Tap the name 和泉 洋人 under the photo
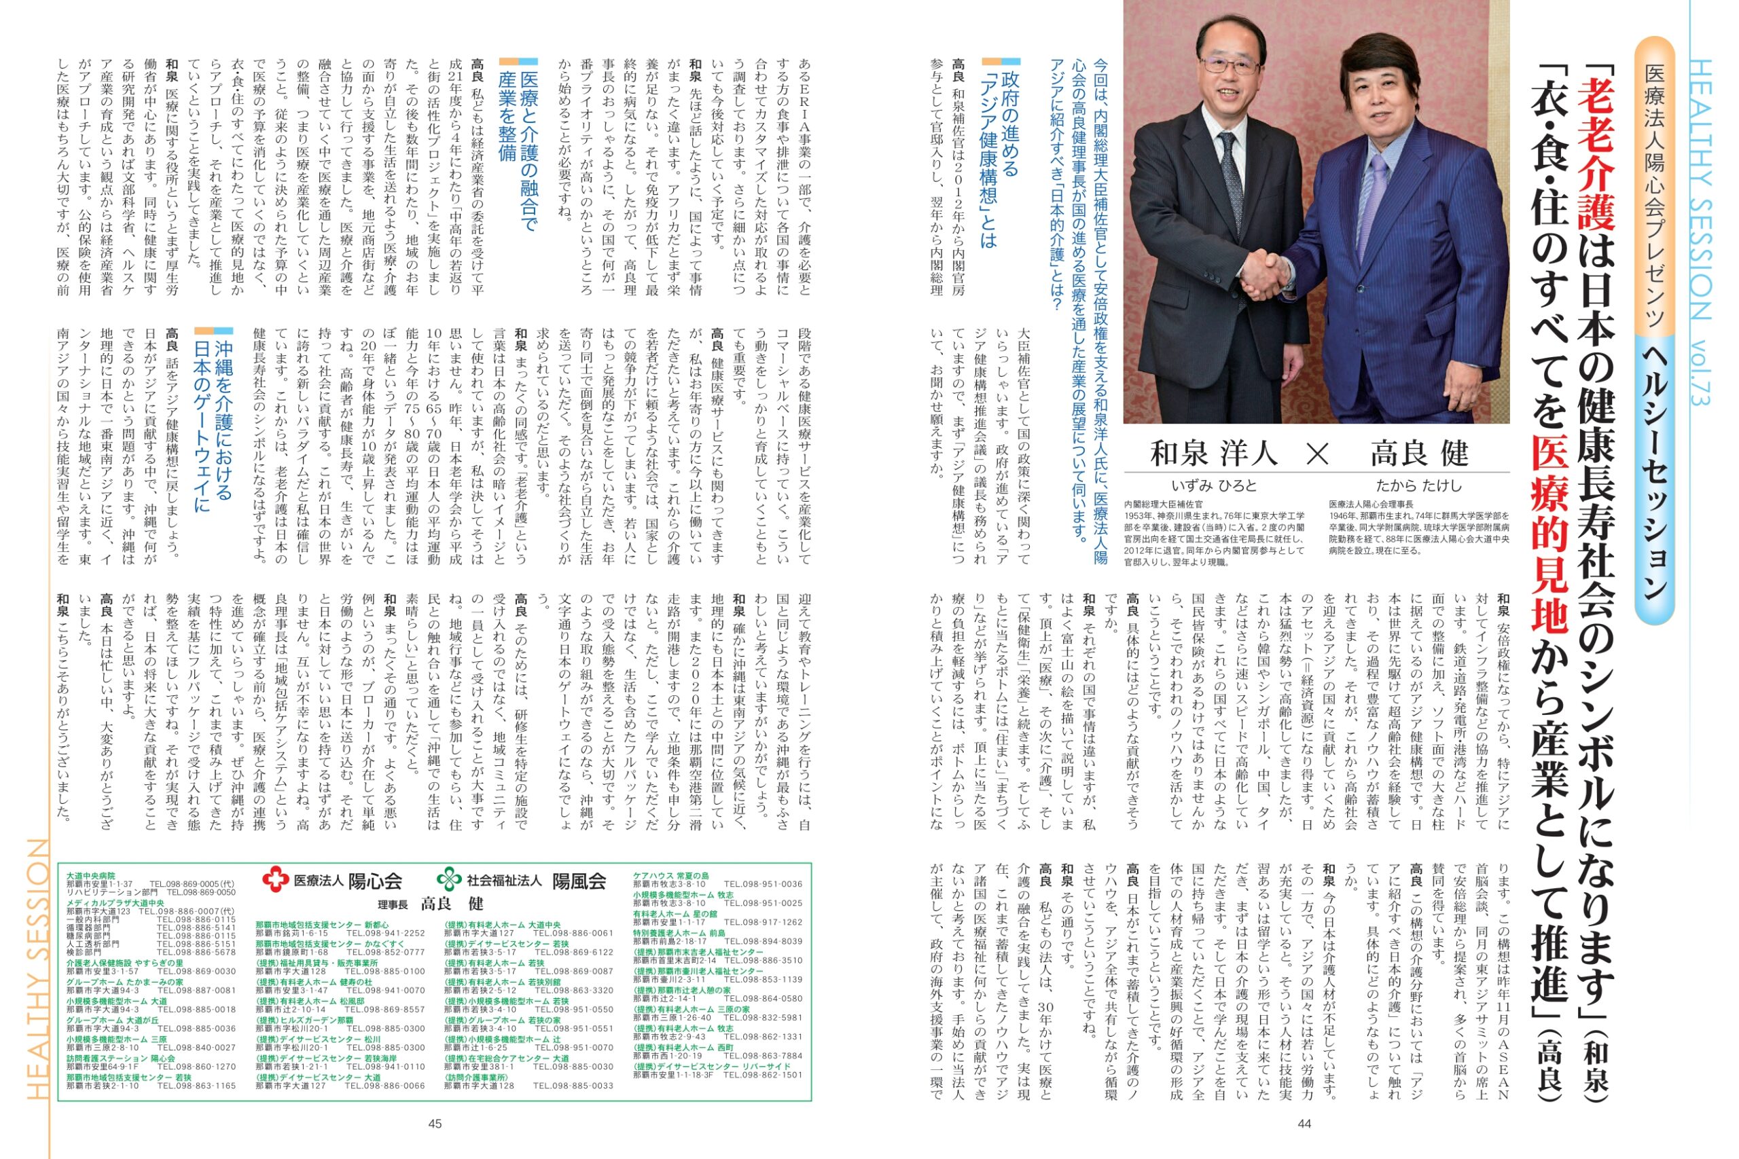[1213, 453]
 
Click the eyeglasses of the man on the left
[1230, 65]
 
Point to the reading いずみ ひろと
[1213, 485]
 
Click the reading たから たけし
[1418, 485]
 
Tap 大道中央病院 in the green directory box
[90, 876]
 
